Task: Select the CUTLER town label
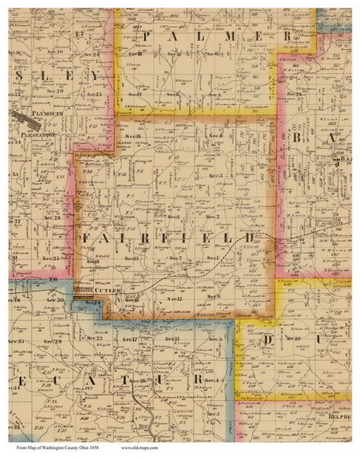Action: coord(102,291)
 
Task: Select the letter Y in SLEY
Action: coord(93,75)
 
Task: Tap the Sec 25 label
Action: coord(52,259)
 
